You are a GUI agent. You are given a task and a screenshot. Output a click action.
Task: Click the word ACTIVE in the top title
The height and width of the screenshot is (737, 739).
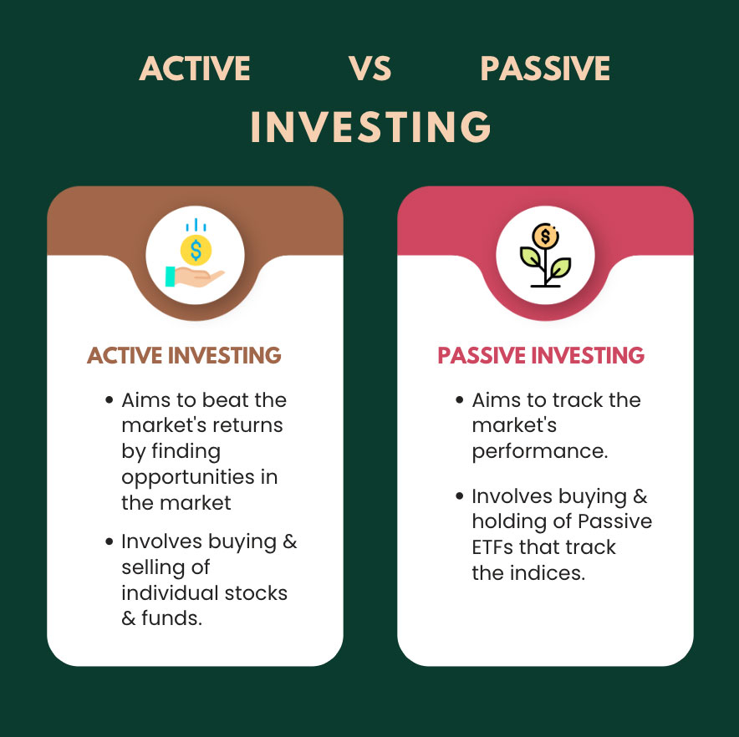tap(195, 69)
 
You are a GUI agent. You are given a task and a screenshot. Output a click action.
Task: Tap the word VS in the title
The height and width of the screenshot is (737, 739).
tap(370, 69)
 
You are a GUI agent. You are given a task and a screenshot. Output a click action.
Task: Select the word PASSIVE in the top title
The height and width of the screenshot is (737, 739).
tap(545, 69)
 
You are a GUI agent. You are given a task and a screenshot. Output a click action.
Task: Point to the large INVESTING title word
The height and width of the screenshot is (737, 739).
tap(371, 127)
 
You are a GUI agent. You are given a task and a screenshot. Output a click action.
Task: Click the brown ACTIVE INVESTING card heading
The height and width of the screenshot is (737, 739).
tap(184, 355)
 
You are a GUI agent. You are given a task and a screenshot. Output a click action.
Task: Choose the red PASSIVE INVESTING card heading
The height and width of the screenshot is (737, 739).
tap(541, 355)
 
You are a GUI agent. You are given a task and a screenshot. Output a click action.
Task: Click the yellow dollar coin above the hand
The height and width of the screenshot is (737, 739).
tap(196, 250)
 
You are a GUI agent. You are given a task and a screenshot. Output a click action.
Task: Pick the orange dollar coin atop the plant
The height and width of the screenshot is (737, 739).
tap(545, 236)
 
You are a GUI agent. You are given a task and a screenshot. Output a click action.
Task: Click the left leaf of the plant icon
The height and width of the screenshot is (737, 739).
tap(531, 257)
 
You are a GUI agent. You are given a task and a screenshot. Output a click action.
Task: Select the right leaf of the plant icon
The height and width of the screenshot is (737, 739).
tap(560, 267)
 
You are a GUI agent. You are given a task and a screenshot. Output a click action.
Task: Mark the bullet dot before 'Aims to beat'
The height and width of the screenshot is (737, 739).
tap(110, 400)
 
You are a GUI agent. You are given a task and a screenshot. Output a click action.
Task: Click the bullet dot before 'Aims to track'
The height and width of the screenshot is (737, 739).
tap(460, 400)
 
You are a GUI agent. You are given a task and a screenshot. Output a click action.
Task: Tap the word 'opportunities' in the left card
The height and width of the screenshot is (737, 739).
tap(188, 478)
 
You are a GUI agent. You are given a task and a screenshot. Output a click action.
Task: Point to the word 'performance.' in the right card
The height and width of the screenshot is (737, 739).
tap(540, 452)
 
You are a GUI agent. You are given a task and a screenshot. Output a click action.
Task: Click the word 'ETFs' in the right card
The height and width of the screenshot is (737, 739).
tap(492, 547)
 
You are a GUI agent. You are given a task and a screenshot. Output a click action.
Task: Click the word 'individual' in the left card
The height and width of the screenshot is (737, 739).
tap(170, 592)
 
